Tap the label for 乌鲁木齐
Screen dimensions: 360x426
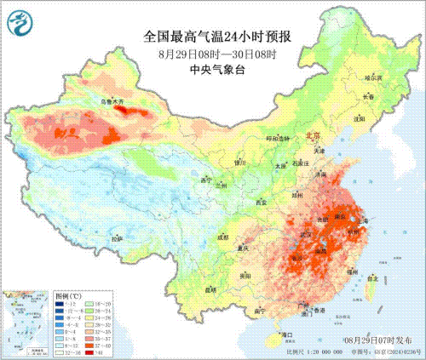(112, 102)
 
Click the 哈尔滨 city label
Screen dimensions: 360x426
(374, 77)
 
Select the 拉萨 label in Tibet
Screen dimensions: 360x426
(116, 241)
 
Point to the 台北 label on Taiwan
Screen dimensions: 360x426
(371, 277)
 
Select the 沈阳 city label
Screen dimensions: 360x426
(372, 120)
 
